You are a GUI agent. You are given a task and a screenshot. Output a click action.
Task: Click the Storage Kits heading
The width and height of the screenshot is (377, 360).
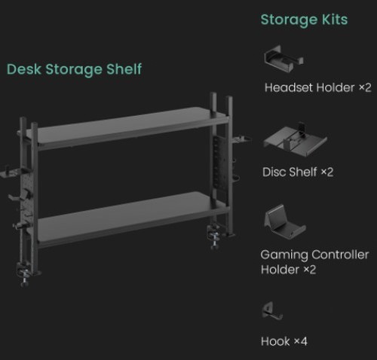[304, 20]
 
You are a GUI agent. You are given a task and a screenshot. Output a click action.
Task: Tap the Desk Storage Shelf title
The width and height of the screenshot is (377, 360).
[74, 69]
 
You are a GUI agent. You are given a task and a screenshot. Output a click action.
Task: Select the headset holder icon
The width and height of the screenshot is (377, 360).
[284, 59]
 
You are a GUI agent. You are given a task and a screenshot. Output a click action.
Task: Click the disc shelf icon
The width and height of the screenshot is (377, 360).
[295, 139]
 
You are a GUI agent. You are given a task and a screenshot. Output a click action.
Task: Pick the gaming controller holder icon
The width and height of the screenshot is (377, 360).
[284, 221]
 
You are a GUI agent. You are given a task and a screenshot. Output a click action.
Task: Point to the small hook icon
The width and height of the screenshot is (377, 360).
[271, 311]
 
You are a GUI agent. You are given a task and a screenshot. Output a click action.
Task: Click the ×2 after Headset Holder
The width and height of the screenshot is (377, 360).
[365, 87]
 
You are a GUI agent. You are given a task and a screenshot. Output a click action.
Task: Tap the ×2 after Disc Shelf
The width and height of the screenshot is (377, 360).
[327, 172]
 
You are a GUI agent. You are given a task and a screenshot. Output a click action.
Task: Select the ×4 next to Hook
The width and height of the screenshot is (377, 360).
[301, 341]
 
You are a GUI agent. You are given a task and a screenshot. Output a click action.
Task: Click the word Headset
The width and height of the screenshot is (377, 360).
[289, 87]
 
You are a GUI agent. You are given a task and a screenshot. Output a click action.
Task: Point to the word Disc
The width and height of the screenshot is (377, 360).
[274, 172]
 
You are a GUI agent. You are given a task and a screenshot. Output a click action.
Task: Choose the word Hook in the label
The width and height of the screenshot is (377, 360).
[275, 341]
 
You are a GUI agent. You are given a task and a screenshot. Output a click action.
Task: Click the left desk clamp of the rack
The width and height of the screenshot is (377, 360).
[25, 274]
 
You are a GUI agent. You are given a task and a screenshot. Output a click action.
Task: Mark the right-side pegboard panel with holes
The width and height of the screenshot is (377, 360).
[219, 163]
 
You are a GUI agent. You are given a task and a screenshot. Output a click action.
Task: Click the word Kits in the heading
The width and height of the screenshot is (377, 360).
[335, 20]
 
